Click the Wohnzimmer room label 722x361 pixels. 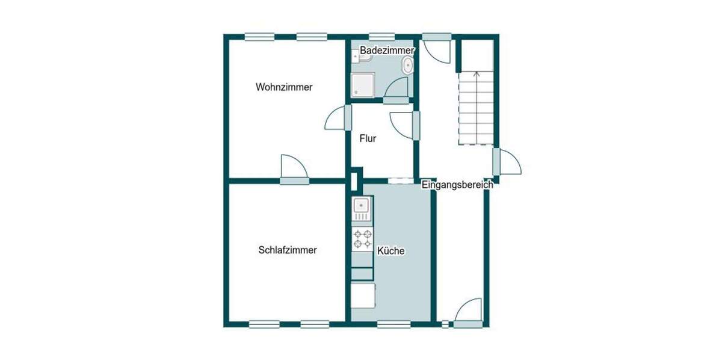[284, 87]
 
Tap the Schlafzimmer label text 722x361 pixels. [287, 250]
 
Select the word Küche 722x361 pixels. [390, 251]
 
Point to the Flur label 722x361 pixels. [368, 138]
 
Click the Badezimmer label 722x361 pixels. [387, 51]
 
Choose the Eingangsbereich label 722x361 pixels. [457, 185]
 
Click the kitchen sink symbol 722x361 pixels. [362, 208]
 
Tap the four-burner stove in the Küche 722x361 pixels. [362, 239]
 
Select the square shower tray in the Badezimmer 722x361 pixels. [363, 85]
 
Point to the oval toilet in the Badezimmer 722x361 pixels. [409, 65]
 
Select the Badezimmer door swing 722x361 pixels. [397, 90]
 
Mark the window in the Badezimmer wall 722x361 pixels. [381, 37]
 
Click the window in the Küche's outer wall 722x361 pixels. [393, 325]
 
